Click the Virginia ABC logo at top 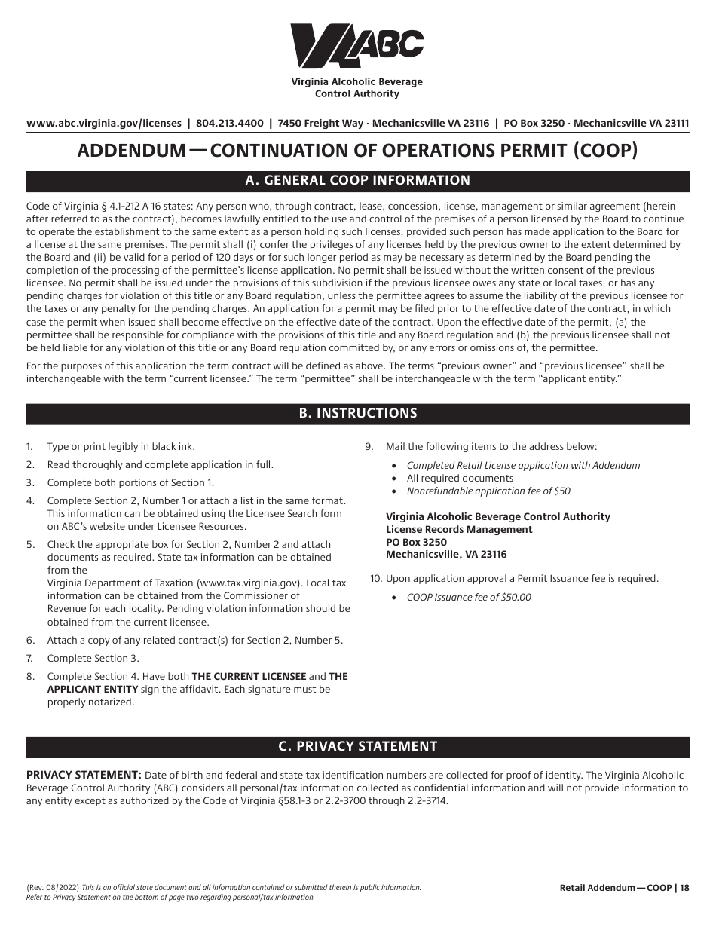[x=356, y=46]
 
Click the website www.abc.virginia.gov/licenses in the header [x=104, y=124]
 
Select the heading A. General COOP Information [x=358, y=181]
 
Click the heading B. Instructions [x=358, y=414]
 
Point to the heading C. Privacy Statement [x=358, y=746]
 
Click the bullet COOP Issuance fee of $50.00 [x=469, y=598]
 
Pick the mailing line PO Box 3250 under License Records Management [x=416, y=542]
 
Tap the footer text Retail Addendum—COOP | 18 [x=624, y=889]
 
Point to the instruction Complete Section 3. [x=93, y=659]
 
